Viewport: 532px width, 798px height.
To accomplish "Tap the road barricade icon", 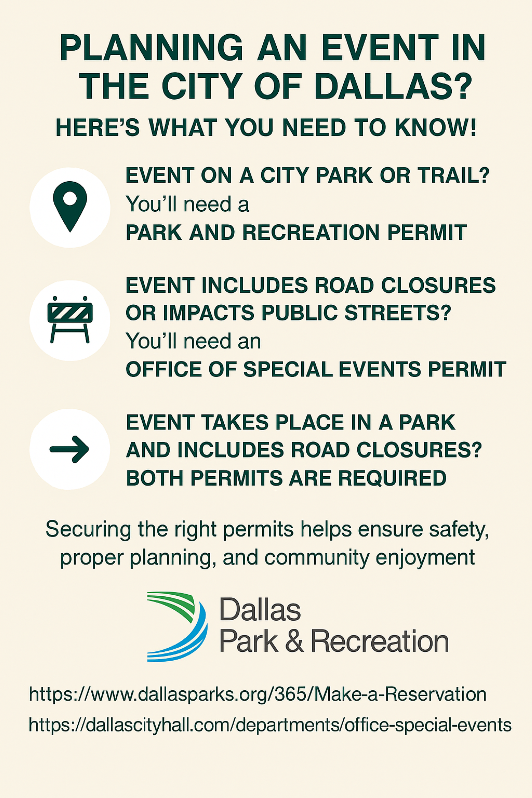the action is click(70, 319).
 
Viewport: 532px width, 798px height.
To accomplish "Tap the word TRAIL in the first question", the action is click(454, 175).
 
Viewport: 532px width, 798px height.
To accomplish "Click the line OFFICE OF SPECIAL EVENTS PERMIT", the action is click(316, 369).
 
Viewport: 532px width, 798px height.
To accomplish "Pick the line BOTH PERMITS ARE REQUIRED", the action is click(286, 478).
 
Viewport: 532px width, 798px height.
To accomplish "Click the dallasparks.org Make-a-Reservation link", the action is click(258, 694).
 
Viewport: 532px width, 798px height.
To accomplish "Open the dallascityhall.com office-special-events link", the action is click(270, 725).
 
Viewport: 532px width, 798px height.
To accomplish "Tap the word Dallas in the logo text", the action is click(260, 609).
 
